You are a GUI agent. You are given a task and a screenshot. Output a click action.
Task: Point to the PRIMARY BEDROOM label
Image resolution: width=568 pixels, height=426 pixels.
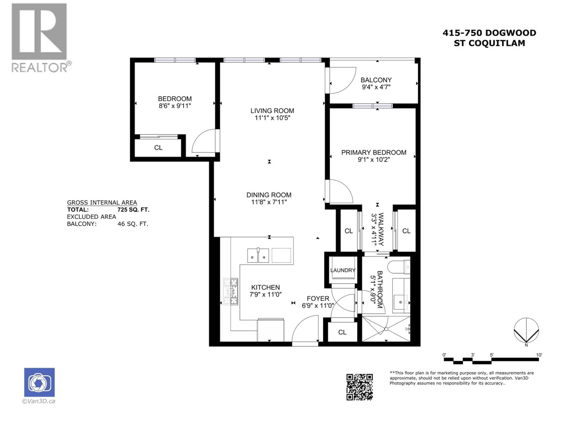[x=374, y=153]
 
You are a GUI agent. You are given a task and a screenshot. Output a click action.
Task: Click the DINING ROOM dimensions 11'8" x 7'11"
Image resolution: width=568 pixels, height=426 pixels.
[x=269, y=202]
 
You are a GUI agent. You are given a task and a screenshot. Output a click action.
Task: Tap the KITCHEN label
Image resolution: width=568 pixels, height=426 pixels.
[x=266, y=287]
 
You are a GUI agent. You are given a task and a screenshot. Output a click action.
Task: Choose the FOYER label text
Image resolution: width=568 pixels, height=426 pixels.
[x=318, y=298]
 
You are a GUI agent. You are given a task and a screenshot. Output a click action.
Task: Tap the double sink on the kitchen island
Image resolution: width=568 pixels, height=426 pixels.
[x=258, y=255]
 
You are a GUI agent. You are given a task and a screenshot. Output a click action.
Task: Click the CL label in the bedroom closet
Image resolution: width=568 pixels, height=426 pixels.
[x=158, y=148]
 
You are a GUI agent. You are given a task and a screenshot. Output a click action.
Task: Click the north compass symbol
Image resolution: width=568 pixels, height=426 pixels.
[x=526, y=331]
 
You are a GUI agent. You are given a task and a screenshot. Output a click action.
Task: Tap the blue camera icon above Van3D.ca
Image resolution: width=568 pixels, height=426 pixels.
[x=39, y=382]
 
